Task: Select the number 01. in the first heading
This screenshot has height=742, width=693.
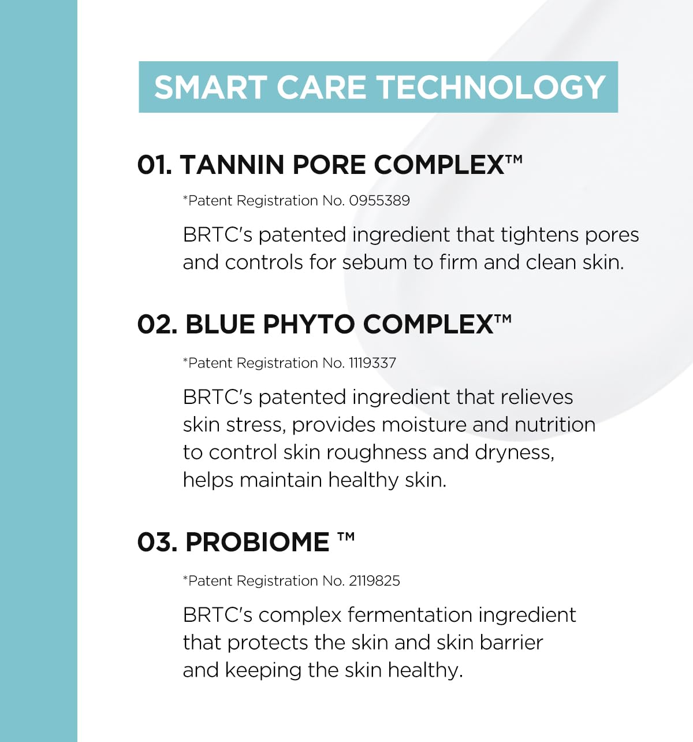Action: (154, 165)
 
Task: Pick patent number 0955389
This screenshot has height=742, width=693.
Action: (379, 201)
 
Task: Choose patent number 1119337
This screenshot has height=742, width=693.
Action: (372, 363)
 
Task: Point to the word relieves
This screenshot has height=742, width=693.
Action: (536, 397)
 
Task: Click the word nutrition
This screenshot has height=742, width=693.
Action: (555, 425)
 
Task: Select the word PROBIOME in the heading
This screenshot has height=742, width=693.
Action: (257, 542)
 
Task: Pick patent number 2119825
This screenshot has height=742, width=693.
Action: (374, 581)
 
